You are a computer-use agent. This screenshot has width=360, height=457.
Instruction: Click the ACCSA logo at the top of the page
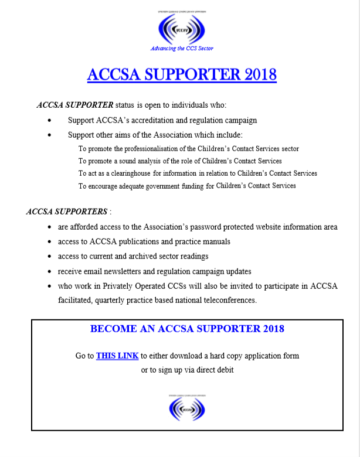[182, 28]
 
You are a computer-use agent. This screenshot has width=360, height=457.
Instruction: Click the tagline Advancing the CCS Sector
[182, 49]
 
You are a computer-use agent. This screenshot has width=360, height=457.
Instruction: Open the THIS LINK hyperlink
[117, 356]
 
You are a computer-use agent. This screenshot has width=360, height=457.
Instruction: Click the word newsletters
[133, 271]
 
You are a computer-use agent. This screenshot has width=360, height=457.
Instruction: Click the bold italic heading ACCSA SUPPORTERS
[67, 212]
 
